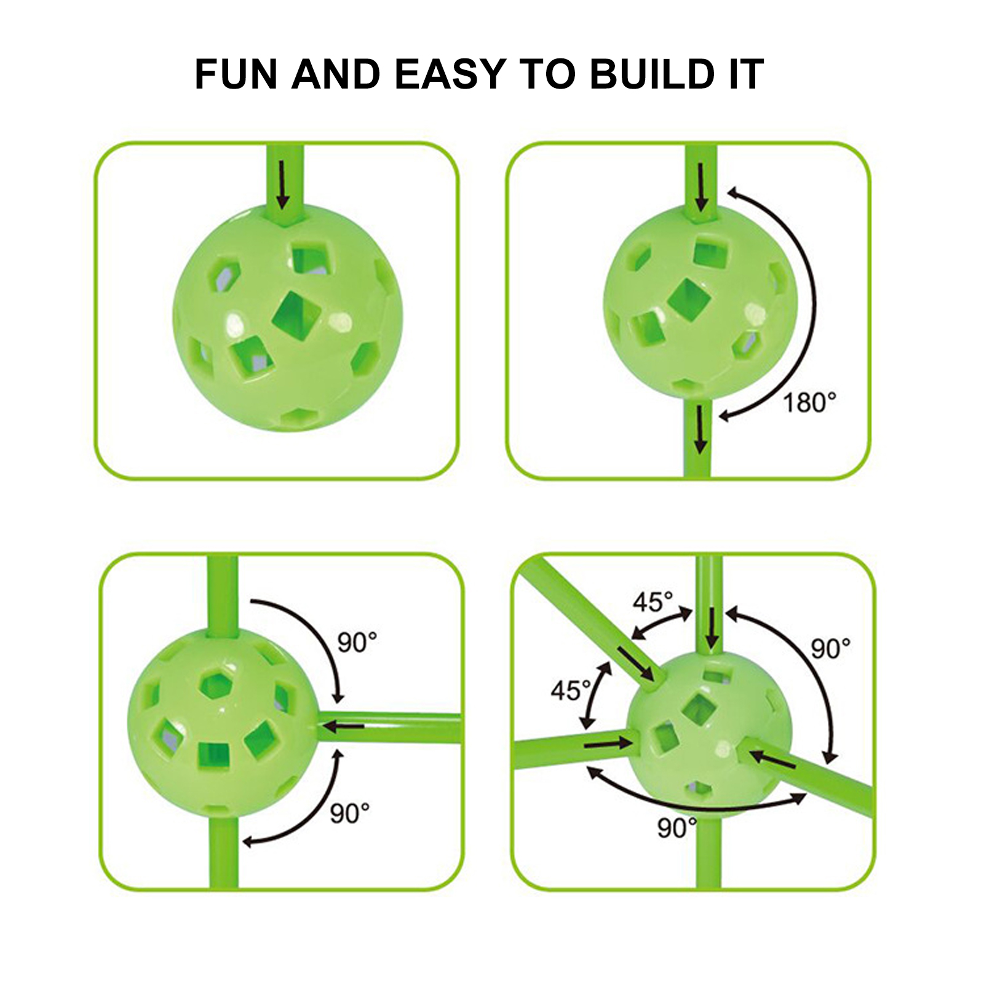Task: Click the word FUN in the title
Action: (x=236, y=74)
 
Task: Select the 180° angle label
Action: (x=809, y=403)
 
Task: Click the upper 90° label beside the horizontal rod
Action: (x=357, y=643)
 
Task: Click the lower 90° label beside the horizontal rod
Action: (x=350, y=813)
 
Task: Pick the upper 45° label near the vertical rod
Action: (x=653, y=602)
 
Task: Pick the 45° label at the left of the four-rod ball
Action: (x=571, y=691)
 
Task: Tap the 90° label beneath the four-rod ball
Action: (x=677, y=828)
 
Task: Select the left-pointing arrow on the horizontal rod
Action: (x=344, y=727)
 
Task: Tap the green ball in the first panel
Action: (x=288, y=317)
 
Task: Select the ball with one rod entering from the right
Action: (x=224, y=723)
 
